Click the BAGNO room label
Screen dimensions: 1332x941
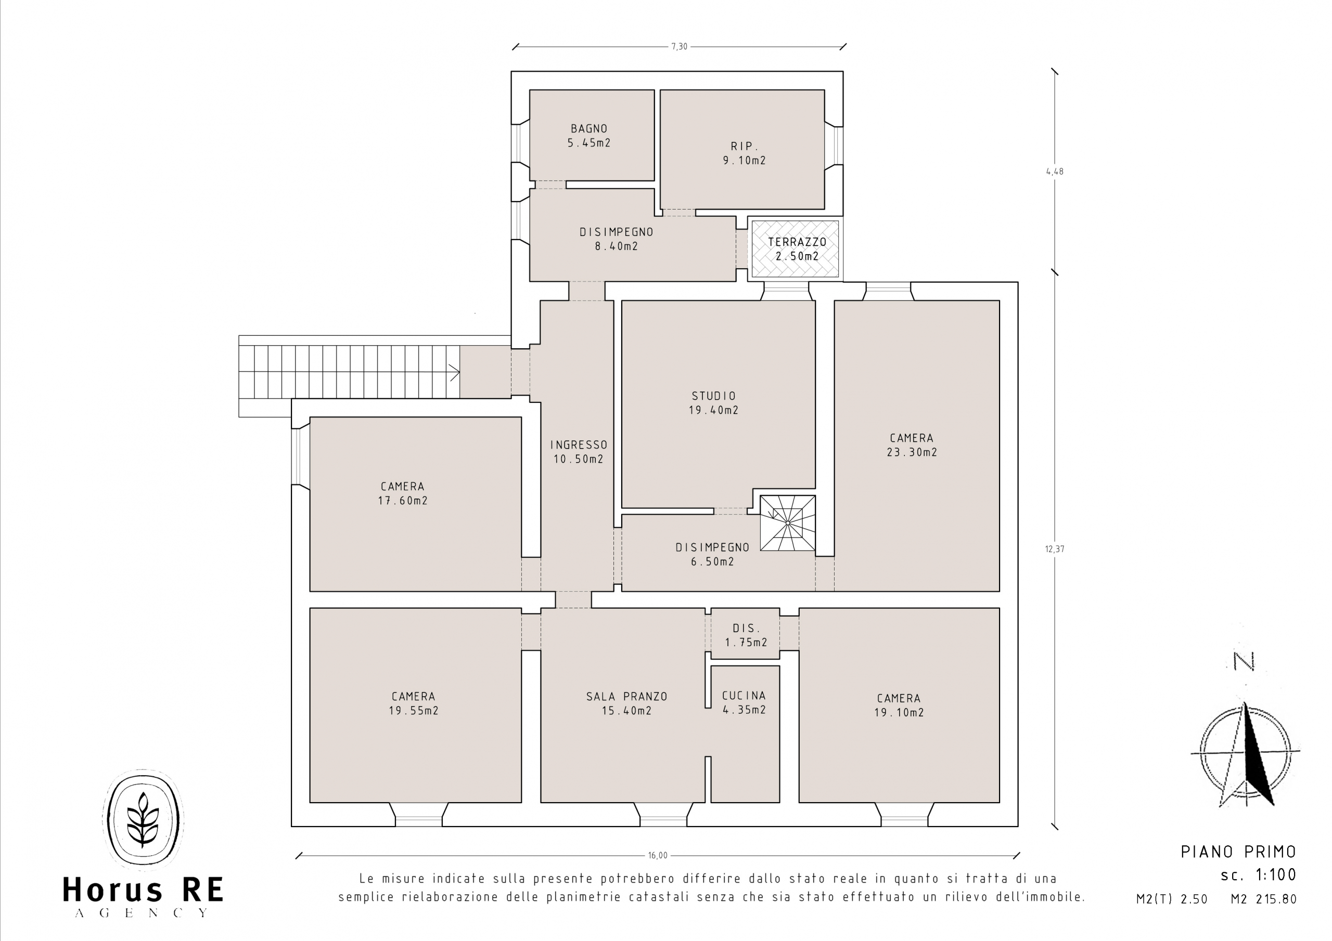(589, 129)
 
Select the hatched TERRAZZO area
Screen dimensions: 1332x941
(796, 249)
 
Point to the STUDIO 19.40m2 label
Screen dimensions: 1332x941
(713, 403)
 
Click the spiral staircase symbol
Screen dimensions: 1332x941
(788, 522)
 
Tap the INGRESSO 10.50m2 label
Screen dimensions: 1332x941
(579, 452)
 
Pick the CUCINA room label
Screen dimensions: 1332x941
(744, 695)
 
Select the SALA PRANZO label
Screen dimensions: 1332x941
(626, 696)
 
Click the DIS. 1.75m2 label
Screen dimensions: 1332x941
(746, 635)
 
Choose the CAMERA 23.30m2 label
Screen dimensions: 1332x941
(912, 445)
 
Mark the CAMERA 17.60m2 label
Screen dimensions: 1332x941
(403, 493)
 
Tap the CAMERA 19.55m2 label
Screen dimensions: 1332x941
(414, 703)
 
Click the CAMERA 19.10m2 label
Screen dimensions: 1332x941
(899, 705)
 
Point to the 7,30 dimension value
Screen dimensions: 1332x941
(680, 46)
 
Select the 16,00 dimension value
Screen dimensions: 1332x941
(658, 855)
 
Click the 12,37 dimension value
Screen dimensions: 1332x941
(1055, 549)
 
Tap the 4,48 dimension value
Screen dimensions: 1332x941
(1055, 172)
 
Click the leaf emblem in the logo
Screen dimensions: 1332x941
(143, 819)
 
